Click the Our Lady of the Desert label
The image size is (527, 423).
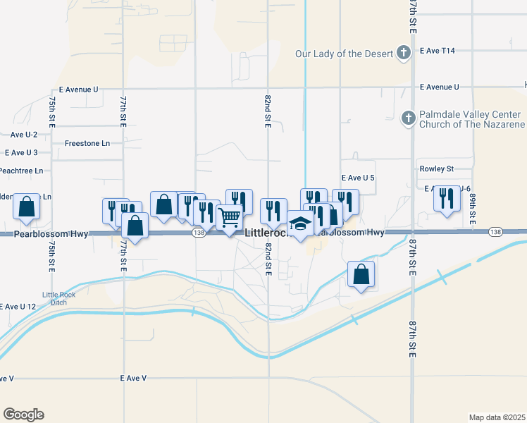[x=342, y=53]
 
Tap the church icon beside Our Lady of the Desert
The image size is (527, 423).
[x=404, y=53]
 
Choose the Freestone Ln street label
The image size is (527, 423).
[x=87, y=143]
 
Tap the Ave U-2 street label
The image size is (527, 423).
[x=24, y=134]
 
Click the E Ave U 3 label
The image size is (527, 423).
[x=21, y=152]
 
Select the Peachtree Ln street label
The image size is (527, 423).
[x=20, y=171]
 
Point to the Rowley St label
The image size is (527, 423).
[x=437, y=168]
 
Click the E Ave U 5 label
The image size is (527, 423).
[x=357, y=178]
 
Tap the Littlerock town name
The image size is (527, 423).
[x=266, y=233]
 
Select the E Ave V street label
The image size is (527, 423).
[x=133, y=379]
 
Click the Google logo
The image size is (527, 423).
[x=23, y=415]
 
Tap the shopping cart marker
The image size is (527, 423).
[x=230, y=218]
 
